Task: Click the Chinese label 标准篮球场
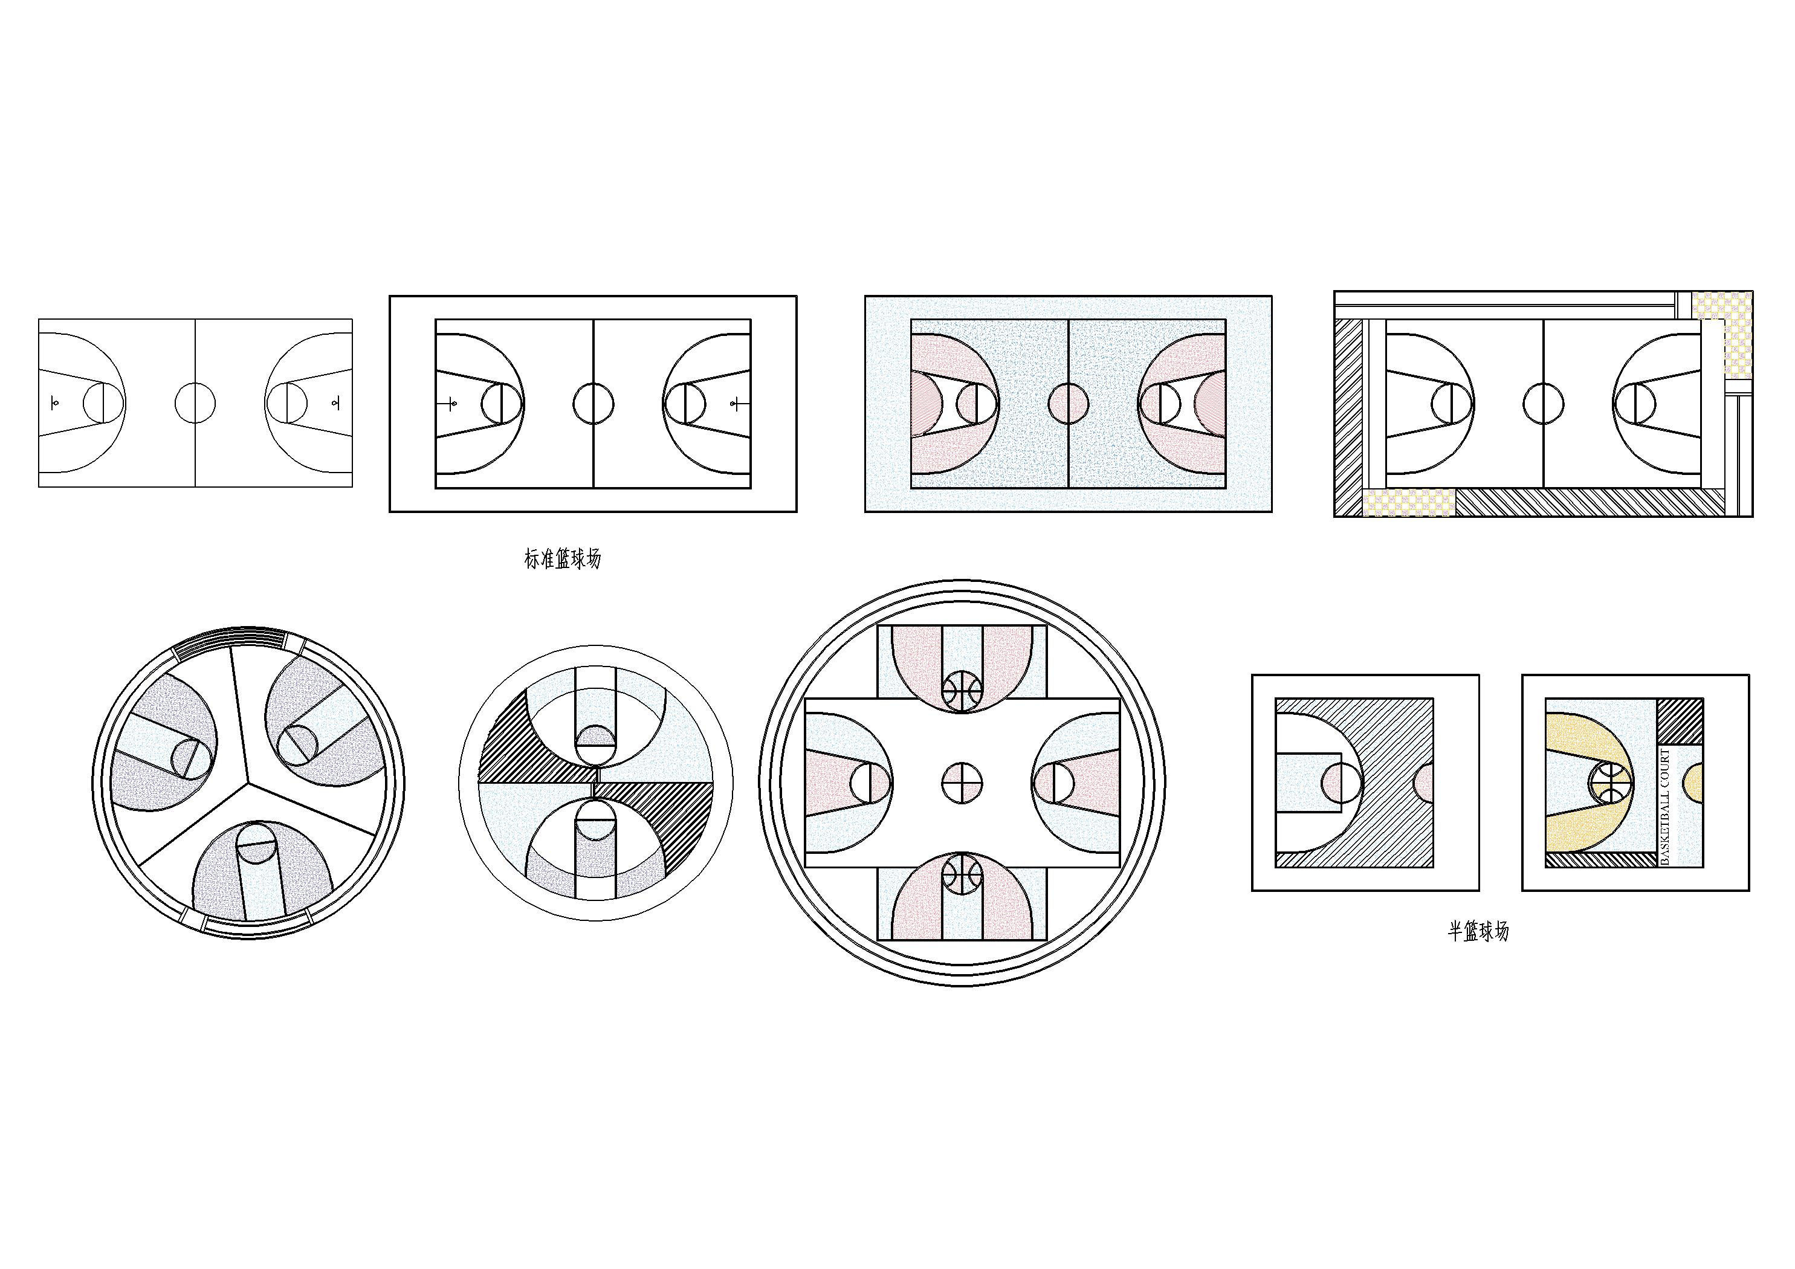pyautogui.click(x=563, y=559)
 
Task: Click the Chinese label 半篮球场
pyautogui.click(x=1478, y=931)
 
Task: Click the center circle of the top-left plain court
pyautogui.click(x=195, y=402)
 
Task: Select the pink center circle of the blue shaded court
pyautogui.click(x=1068, y=404)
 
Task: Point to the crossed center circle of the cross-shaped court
pyautogui.click(x=962, y=782)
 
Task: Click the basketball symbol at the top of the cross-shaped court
pyautogui.click(x=962, y=691)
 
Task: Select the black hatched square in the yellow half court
pyautogui.click(x=1680, y=721)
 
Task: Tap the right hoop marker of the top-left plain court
pyautogui.click(x=335, y=402)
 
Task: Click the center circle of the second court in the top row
pyautogui.click(x=593, y=404)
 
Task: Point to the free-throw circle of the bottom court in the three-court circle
pyautogui.click(x=257, y=842)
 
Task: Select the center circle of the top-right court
pyautogui.click(x=1543, y=404)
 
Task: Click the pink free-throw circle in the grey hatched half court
pyautogui.click(x=1342, y=783)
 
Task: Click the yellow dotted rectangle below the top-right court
pyautogui.click(x=1409, y=502)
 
